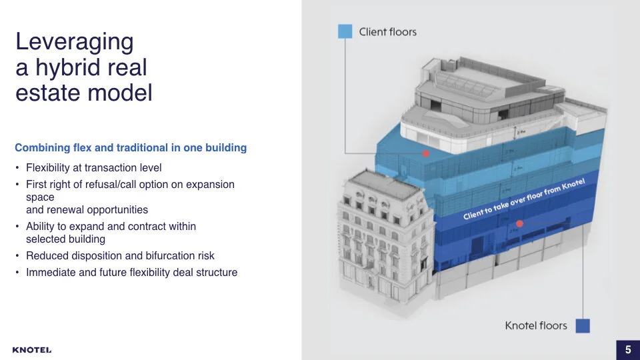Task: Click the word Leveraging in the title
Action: click(x=74, y=42)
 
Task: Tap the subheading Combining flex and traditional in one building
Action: click(x=131, y=147)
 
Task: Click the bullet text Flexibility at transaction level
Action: click(x=93, y=167)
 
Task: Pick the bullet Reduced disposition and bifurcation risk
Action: click(x=120, y=255)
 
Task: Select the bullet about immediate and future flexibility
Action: click(x=131, y=272)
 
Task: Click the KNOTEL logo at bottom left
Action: click(x=31, y=350)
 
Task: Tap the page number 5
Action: click(x=627, y=349)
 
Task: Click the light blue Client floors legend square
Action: click(x=345, y=31)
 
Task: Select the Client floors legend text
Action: click(x=387, y=31)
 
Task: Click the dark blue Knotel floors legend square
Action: click(x=583, y=325)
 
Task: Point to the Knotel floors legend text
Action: click(x=535, y=325)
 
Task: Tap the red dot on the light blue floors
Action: click(x=425, y=153)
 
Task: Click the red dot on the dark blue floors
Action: click(x=519, y=224)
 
